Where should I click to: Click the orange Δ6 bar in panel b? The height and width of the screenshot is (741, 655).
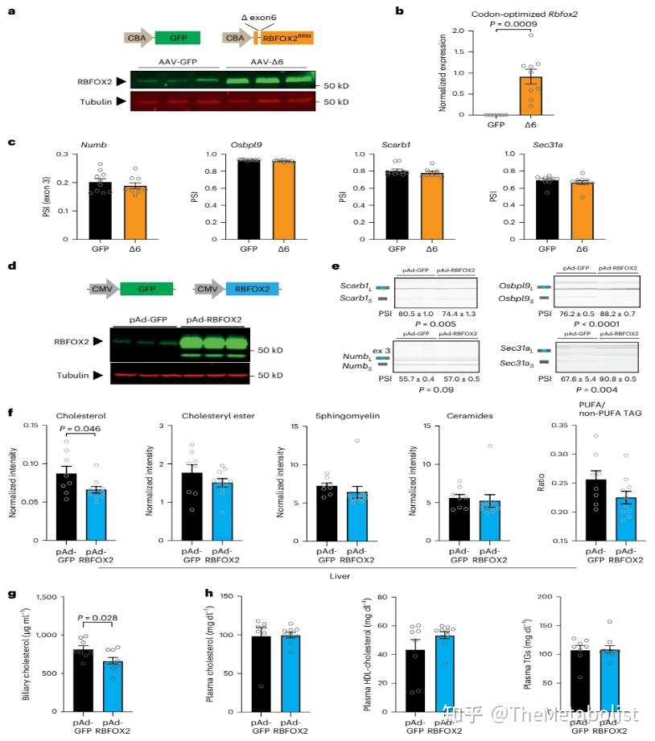tap(530, 96)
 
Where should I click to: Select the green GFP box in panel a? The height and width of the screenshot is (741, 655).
tap(177, 37)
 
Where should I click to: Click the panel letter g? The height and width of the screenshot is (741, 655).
tap(11, 595)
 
